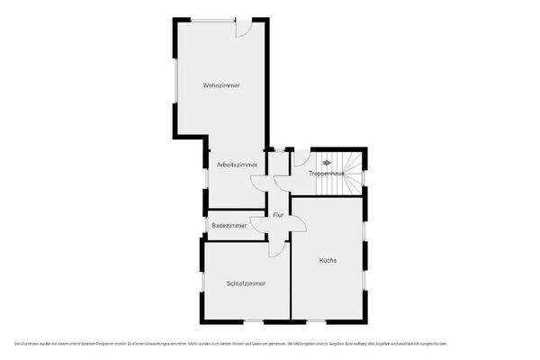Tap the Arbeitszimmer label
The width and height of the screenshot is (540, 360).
click(237, 166)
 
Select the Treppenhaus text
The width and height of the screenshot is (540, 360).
click(326, 172)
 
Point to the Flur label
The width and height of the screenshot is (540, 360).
click(279, 214)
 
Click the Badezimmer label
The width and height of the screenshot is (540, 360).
click(229, 225)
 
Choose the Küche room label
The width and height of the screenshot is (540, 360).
click(328, 260)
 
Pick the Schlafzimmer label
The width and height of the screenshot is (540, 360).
click(246, 283)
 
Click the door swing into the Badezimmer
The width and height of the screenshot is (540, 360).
click(259, 224)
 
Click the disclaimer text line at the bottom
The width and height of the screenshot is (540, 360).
click(229, 343)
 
